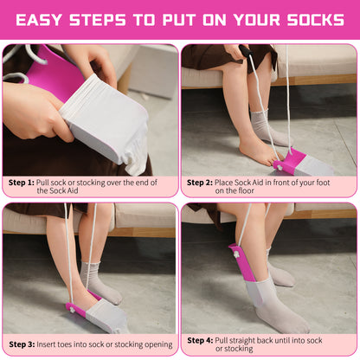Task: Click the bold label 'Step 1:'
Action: click(21, 183)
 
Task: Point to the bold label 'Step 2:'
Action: click(199, 183)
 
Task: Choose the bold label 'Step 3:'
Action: click(21, 344)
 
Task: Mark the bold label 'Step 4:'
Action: click(199, 339)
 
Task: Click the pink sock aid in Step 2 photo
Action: click(290, 160)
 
